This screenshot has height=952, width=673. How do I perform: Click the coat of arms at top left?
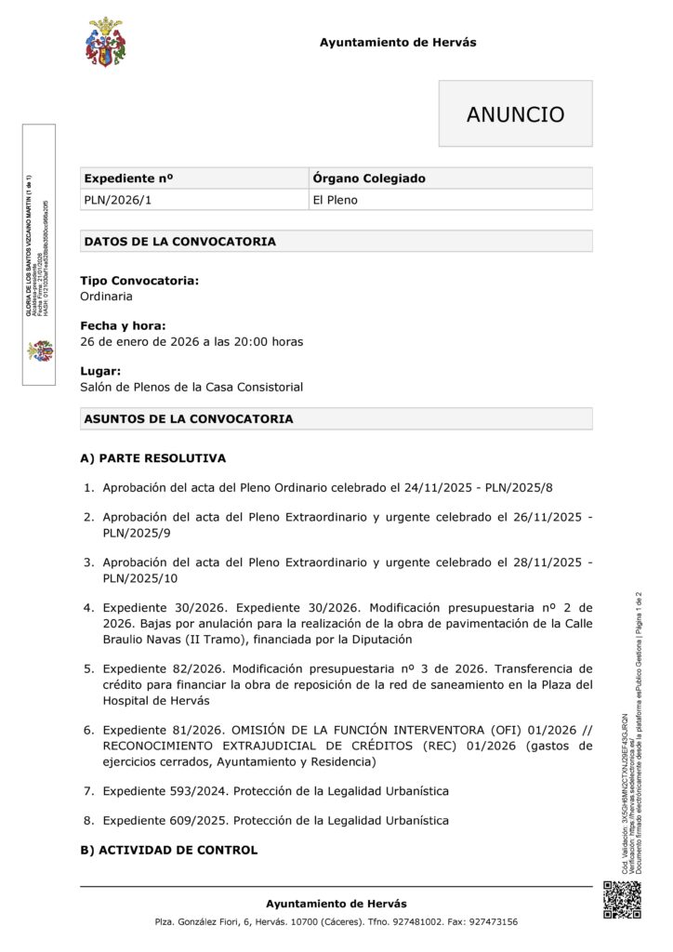point(105,43)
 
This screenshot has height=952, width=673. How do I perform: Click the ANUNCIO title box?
point(515,114)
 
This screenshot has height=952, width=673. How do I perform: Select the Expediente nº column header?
point(129,178)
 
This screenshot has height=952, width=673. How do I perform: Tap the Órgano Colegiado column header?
point(369,178)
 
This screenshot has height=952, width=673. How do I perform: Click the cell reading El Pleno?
point(335,200)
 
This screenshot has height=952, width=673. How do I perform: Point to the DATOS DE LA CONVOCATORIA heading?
point(179,242)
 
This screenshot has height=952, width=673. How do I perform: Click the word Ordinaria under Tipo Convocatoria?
point(106,297)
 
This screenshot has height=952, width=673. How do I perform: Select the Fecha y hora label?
point(123,325)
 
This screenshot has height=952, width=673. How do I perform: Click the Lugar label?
point(100,371)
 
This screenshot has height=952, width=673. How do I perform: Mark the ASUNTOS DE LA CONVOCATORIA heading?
point(188,419)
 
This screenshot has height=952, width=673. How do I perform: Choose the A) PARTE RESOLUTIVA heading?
point(152,458)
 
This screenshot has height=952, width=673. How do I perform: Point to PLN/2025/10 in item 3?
point(139,578)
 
